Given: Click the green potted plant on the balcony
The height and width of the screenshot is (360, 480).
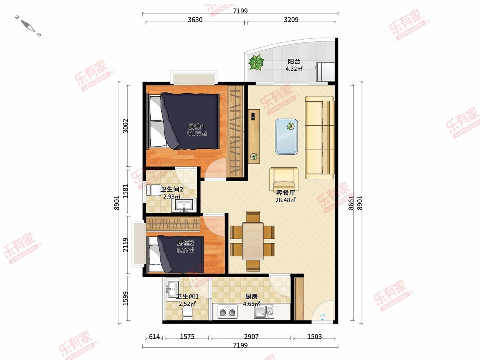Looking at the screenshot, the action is coord(256,62).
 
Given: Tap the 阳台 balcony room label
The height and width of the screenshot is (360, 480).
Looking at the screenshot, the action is coord(294,62).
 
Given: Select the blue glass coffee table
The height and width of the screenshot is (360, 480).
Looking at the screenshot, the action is coord(286,137).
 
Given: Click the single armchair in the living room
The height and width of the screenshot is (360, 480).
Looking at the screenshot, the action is coord(284,179).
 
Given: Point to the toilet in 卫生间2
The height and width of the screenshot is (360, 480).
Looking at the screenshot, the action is coord(154,190).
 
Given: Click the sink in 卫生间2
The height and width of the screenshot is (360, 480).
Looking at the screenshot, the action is coord(184,206).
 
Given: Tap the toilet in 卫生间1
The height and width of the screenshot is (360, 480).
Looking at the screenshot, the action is coord(188,312).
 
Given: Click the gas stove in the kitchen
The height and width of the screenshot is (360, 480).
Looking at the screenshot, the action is coord(228,312).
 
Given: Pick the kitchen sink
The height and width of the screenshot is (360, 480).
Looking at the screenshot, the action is coord(264,312).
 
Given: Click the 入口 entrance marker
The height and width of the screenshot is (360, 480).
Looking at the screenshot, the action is coord(322,317).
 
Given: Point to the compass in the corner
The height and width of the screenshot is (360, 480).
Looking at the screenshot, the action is coord(28,26).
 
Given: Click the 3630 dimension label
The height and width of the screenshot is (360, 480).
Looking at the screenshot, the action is coord(195,20).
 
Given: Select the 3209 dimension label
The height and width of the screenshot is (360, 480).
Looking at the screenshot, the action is coord(291,20).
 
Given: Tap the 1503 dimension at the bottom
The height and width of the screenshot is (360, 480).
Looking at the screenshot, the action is coord(314,336).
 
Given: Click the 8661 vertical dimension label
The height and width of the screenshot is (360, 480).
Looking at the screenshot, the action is coord(351,203).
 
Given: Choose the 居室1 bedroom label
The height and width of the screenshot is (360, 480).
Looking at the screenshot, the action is coord(196,126).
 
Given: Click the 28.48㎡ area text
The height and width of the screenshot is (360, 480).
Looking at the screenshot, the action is coord(286,200).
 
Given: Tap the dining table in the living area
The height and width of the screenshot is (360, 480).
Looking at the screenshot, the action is coord(253,241).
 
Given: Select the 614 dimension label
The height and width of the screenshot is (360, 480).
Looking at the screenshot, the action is coord(154,336).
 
